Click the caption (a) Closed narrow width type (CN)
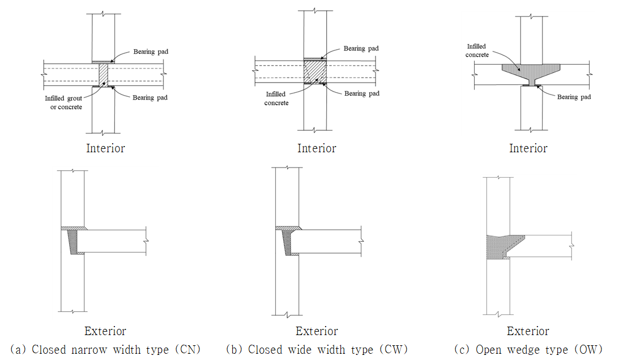pos(105,349)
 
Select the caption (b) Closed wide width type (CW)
pos(317,349)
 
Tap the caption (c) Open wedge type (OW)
pos(528,349)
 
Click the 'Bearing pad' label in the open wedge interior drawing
pos(574,97)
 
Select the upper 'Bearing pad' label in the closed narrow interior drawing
pos(151,52)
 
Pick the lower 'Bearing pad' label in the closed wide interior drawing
pos(362,93)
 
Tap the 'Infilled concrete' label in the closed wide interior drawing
pos(276,98)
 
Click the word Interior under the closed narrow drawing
pos(105,148)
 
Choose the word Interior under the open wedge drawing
pos(528,148)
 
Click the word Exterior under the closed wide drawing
pos(317,331)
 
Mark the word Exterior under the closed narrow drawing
pos(105,331)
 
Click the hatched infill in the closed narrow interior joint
pos(103,74)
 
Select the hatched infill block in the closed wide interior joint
pos(315,72)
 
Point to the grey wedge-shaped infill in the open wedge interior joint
pos(530,72)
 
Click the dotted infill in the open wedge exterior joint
pos(497,246)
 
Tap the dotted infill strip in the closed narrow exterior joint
pos(72,242)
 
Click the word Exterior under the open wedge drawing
pos(528,331)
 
